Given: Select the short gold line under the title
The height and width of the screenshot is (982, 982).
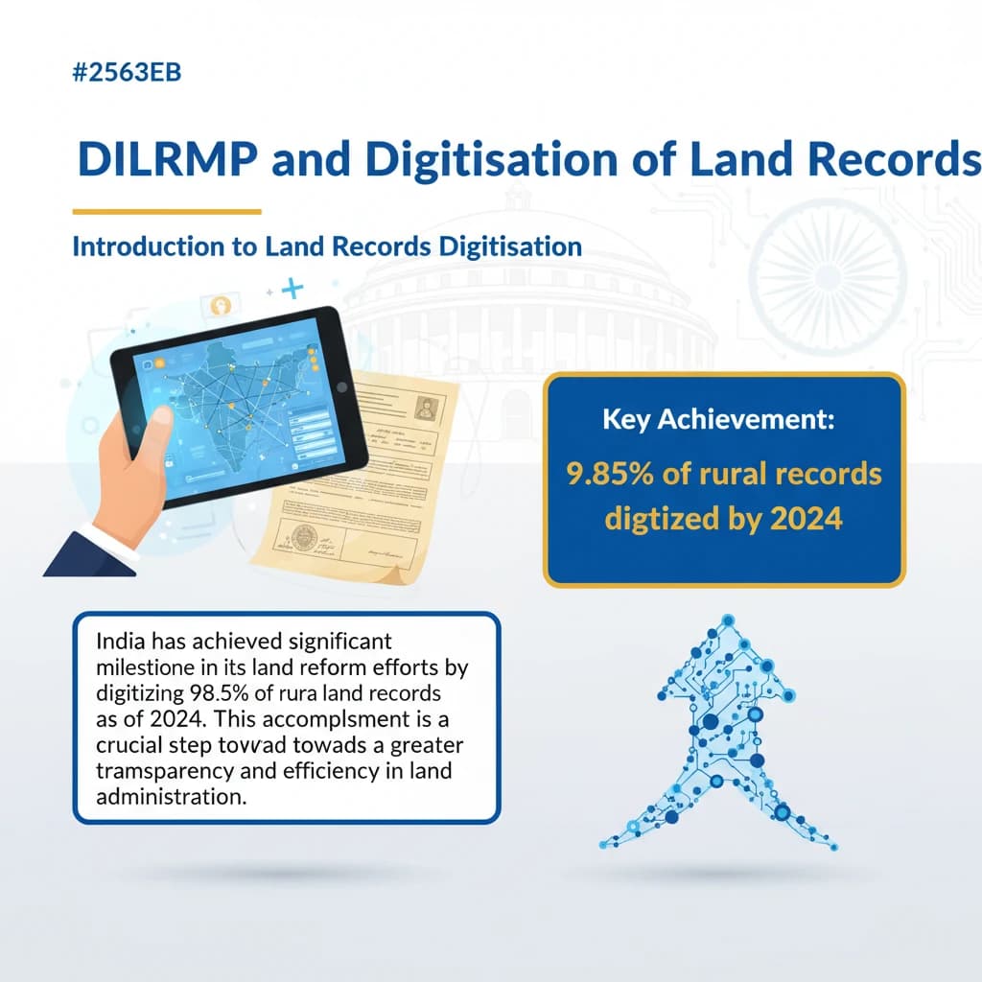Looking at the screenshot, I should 167,211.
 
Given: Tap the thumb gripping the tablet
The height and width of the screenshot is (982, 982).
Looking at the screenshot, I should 152,422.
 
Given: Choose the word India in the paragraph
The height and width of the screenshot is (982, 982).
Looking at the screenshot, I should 121,642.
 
